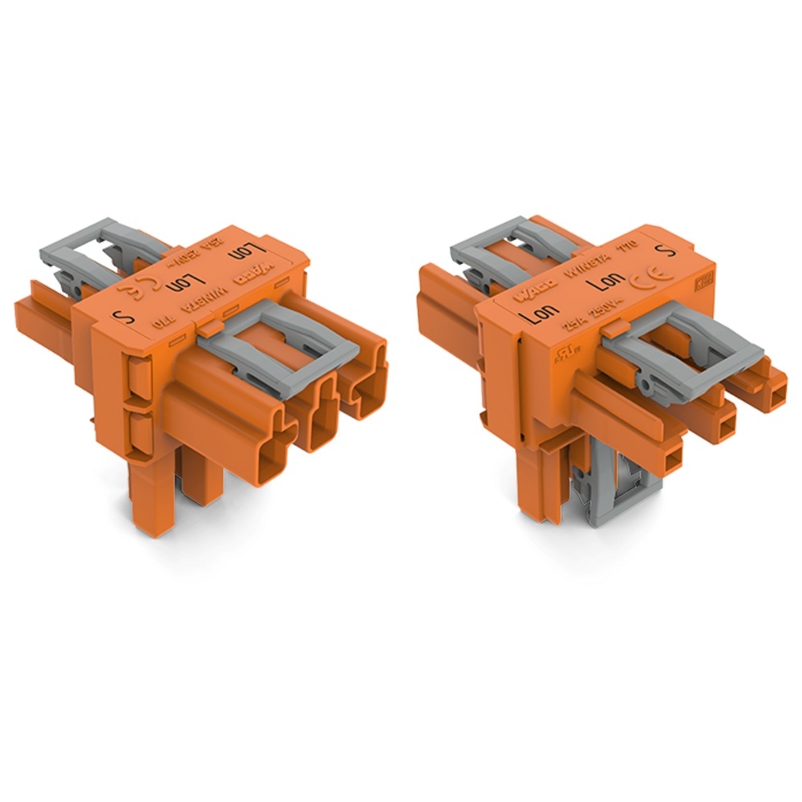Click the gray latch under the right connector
pos(622,473)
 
